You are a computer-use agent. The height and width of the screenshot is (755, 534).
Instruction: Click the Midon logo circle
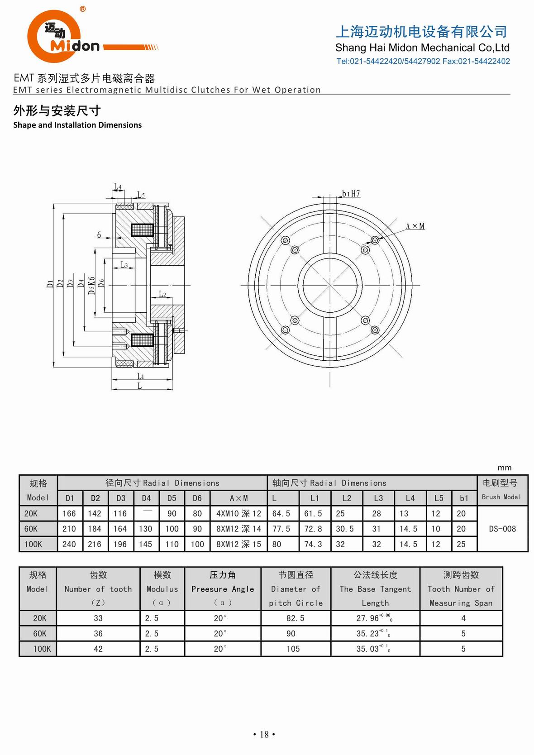54,36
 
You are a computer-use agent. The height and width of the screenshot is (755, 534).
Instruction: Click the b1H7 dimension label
351,194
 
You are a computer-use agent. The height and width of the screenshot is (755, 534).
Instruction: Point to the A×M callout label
415,226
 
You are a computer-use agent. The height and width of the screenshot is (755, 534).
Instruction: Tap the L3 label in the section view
124,265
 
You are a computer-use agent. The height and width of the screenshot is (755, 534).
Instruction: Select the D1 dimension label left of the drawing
50,284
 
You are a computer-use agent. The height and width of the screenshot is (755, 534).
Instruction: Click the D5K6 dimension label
91,286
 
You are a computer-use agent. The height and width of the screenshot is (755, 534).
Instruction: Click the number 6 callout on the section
99,235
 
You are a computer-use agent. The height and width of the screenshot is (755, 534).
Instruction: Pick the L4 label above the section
118,186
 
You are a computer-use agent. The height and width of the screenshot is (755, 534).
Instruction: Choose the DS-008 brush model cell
502,529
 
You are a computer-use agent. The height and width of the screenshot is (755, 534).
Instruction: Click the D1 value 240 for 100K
69,544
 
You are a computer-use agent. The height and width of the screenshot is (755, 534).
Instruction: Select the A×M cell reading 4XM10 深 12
238,513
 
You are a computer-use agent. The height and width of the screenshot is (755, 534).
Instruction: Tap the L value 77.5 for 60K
281,529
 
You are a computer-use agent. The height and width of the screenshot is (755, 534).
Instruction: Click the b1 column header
464,498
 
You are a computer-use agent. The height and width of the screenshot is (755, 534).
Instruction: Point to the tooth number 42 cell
98,649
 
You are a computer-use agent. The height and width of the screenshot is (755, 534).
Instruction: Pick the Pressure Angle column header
222,588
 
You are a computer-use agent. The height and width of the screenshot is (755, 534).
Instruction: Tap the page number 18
264,734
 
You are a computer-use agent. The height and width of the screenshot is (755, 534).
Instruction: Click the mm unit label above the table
504,468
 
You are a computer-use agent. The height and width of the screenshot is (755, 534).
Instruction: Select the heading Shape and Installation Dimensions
77,125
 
